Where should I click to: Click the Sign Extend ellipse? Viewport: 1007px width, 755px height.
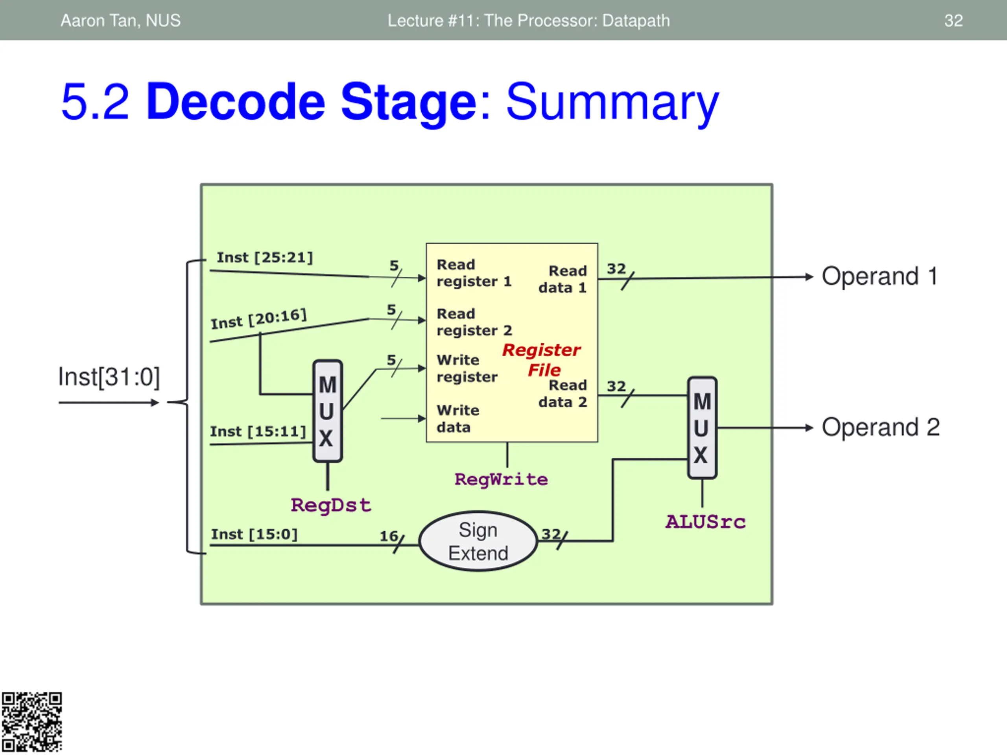point(478,541)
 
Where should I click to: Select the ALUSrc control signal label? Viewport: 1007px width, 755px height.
point(706,522)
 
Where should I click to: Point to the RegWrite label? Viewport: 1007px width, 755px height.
point(501,480)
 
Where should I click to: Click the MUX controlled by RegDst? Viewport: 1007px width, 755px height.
point(327,411)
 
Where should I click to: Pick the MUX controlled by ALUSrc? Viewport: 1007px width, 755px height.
point(702,428)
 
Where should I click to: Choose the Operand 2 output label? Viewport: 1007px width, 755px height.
point(880,428)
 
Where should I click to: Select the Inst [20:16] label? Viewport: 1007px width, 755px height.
point(258,319)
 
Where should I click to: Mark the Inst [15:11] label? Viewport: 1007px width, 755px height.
point(258,431)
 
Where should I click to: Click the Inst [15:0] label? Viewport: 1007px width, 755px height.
point(254,534)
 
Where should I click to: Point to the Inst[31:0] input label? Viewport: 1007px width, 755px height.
point(109,377)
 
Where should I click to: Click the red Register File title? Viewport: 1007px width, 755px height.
point(542,360)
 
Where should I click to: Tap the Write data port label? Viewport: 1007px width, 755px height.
point(457,419)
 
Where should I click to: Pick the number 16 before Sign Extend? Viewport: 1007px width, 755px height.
point(389,536)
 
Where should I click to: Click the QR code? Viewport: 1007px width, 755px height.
point(31,722)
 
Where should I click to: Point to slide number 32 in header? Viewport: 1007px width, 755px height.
point(953,20)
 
